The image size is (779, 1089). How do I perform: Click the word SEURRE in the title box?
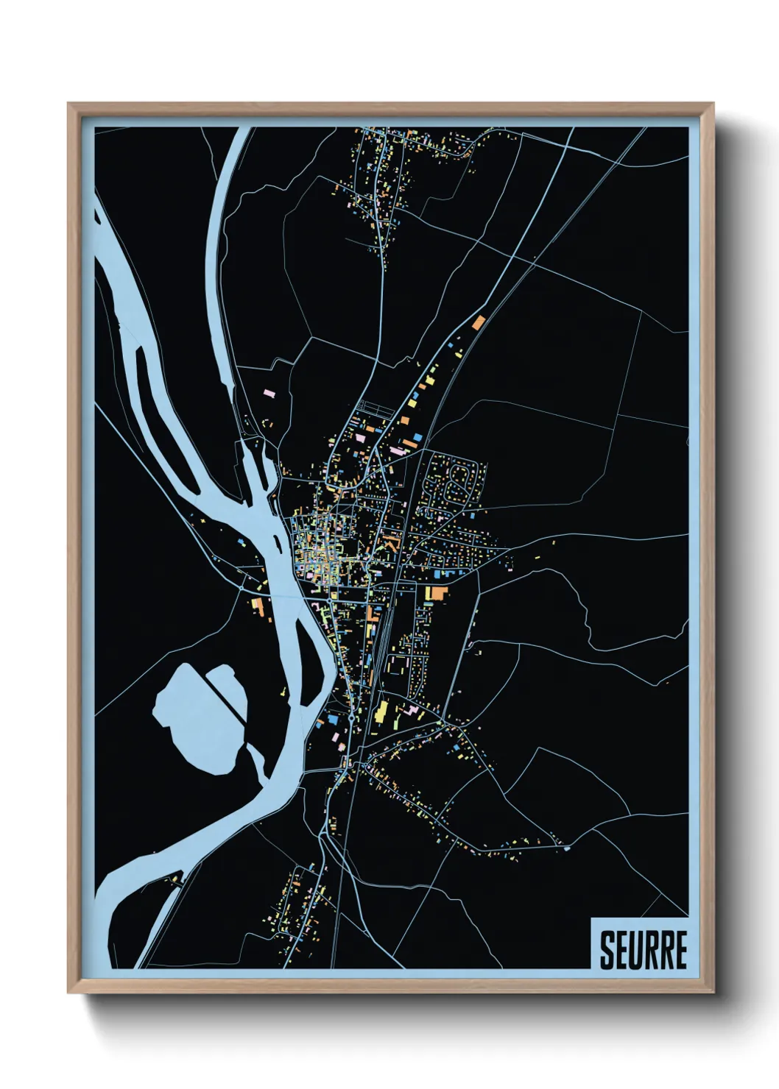643,950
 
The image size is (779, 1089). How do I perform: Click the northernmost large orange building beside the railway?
479,322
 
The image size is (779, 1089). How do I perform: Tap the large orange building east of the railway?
438,593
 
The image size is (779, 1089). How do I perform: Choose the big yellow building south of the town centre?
381,712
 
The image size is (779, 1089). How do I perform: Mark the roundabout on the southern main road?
352,717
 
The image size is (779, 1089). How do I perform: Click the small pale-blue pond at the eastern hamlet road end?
566,848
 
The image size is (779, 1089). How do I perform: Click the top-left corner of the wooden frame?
69,104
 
